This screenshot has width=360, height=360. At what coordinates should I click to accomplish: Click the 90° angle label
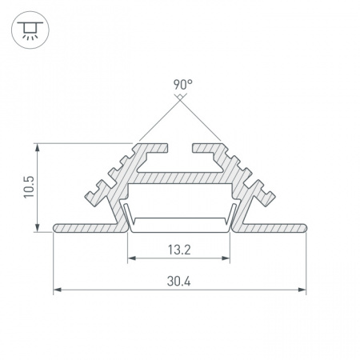[182, 85]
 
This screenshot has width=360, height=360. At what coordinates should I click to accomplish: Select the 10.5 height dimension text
[29, 186]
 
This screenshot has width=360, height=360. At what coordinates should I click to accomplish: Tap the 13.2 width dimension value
[179, 250]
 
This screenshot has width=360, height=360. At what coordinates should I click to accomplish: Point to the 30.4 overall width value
[178, 282]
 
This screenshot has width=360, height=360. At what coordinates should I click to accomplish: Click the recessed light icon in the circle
[30, 30]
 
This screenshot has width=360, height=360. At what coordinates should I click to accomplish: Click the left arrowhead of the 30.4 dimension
[58, 290]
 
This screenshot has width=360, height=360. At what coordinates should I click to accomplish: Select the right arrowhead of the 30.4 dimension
[302, 290]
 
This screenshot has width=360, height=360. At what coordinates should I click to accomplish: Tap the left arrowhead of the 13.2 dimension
[132, 258]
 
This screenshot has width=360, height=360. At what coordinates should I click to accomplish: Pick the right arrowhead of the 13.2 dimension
[226, 258]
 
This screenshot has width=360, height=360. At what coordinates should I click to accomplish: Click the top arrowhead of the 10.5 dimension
[38, 147]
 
